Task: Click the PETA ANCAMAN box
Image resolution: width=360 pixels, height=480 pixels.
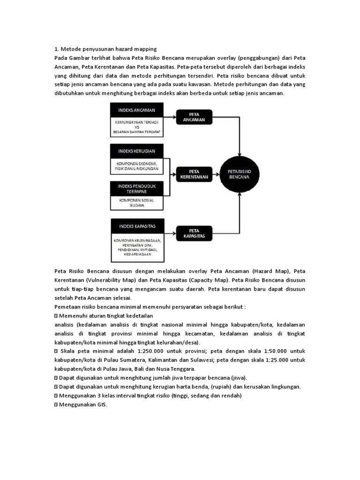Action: pyautogui.click(x=194, y=117)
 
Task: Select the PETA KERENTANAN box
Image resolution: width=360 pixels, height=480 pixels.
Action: pyautogui.click(x=194, y=174)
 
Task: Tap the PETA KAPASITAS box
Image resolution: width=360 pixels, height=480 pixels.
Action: pyautogui.click(x=194, y=233)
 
